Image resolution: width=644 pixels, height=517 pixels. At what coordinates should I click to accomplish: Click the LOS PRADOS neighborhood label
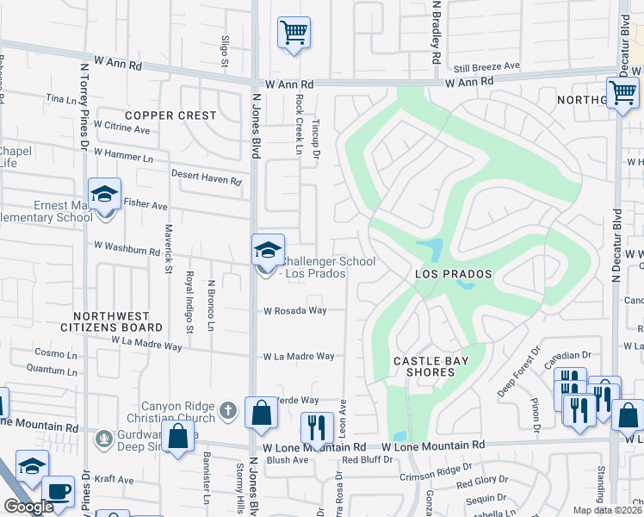coord(453,274)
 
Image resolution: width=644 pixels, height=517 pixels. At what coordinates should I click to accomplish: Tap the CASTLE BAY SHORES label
coord(424,366)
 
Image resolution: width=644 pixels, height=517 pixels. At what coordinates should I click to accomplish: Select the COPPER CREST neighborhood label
coord(170,115)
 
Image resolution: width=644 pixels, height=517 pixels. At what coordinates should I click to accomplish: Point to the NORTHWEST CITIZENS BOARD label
coord(111,322)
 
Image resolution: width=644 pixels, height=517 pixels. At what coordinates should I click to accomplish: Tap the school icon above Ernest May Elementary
coord(104,195)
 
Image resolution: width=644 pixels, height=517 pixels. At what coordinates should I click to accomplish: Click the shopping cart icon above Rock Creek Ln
coord(294,34)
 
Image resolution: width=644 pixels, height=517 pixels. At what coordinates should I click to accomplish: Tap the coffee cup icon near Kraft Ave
coord(59,490)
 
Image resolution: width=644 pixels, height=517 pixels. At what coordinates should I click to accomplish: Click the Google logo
coord(28,507)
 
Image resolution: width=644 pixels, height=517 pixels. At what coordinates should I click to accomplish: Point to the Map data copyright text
coord(608,510)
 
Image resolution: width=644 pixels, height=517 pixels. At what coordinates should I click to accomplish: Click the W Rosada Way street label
coord(294,310)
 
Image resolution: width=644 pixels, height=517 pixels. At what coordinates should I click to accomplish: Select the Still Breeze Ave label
coord(487,65)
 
